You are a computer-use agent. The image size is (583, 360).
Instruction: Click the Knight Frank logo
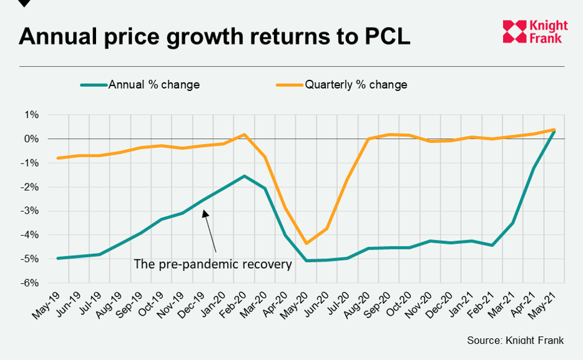[x=535, y=32]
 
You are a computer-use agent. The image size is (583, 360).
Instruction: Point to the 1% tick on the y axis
[x=32, y=115]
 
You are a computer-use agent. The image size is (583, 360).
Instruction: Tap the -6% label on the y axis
[x=31, y=283]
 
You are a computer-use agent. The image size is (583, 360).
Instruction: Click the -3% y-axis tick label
[x=31, y=211]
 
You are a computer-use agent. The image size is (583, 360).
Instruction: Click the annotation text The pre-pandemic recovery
[x=213, y=264]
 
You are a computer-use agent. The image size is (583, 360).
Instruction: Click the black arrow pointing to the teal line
[x=210, y=231]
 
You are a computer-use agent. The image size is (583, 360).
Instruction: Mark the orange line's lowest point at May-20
[x=306, y=243]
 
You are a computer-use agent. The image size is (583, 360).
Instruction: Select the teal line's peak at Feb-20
[x=244, y=176]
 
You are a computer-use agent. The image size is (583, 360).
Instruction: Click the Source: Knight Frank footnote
[x=515, y=341]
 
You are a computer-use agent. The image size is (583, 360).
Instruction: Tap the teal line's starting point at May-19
[x=58, y=258]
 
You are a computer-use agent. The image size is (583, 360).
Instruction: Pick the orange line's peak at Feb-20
[x=244, y=134]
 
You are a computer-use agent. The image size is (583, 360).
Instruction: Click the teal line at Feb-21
[x=491, y=245]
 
